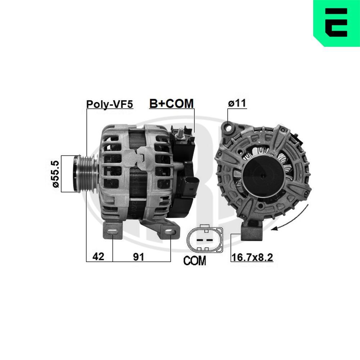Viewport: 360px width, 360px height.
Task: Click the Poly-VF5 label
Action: point(109,104)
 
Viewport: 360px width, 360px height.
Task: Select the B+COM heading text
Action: point(171,103)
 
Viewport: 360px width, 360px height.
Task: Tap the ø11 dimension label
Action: point(237,103)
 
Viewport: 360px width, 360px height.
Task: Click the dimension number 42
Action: point(98,257)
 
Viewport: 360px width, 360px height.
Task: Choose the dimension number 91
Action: point(139,257)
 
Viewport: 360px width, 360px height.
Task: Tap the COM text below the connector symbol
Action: point(194,260)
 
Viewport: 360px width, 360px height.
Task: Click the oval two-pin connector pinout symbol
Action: point(204,239)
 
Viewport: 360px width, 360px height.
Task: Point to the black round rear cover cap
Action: point(262,175)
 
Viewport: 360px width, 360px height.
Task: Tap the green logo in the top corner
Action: point(336,23)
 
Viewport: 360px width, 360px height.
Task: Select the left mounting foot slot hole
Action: point(113,231)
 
